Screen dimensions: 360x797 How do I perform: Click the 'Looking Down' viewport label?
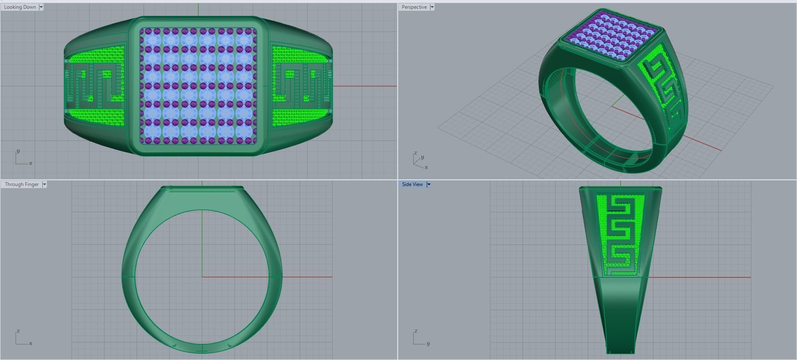[20, 7]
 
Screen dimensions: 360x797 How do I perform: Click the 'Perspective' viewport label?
[414, 7]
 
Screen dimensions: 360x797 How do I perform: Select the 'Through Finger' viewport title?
[22, 184]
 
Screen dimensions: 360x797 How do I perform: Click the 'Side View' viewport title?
[412, 184]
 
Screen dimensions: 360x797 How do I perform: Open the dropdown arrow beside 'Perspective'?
[432, 7]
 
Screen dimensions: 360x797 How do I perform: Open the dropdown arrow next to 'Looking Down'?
[41, 7]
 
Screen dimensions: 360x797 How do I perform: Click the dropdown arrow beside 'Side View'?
[429, 184]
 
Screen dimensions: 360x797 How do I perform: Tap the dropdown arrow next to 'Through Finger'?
[44, 184]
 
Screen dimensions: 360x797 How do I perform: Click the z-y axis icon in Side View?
[420, 338]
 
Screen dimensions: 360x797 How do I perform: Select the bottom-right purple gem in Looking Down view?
[254, 141]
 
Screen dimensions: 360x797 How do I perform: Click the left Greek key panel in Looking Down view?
[95, 86]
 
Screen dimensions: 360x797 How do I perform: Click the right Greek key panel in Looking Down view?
[301, 86]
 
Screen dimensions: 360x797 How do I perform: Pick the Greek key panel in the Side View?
[620, 235]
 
